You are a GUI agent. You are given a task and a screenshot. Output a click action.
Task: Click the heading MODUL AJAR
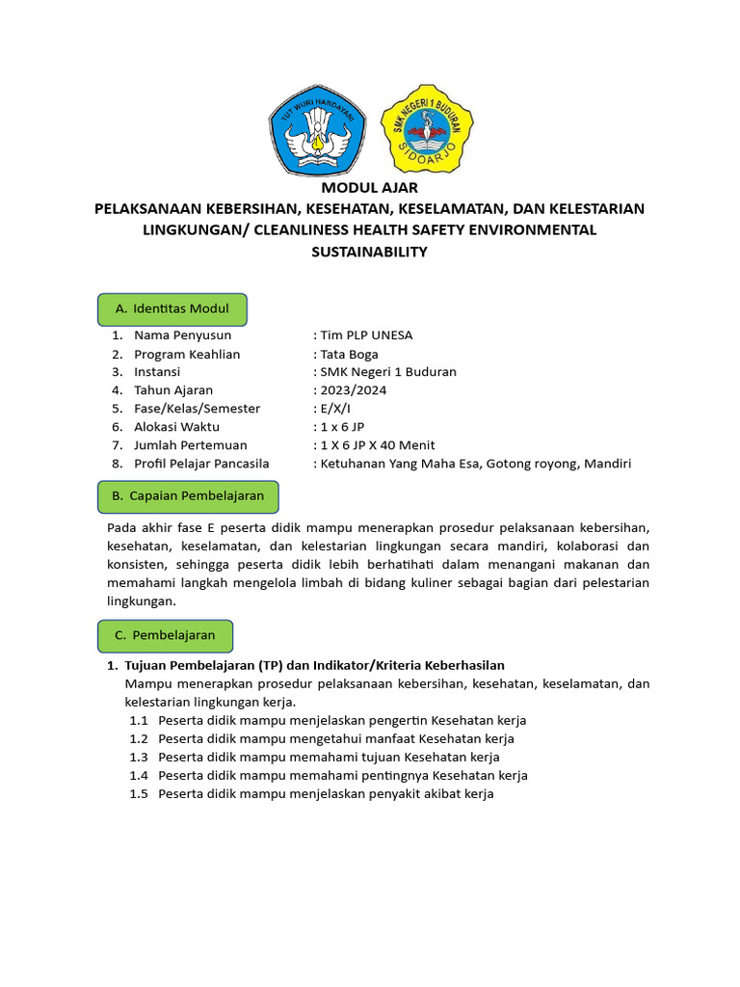tap(370, 188)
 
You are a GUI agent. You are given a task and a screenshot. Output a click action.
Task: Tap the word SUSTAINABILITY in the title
tap(370, 252)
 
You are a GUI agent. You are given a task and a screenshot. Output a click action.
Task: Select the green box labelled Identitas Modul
tap(172, 308)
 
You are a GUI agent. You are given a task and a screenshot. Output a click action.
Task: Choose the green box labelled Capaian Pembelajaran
tap(196, 495)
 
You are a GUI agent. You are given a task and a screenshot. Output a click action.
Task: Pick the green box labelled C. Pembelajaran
tap(165, 635)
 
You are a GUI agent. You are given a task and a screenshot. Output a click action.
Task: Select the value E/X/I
tap(334, 409)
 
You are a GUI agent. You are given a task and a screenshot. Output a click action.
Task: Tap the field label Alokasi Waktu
tap(176, 427)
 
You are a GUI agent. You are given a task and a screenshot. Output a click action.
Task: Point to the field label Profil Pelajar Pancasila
tap(201, 464)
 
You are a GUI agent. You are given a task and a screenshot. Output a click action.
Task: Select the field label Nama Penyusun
tap(182, 335)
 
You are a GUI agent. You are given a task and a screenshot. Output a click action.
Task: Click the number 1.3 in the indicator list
tap(139, 757)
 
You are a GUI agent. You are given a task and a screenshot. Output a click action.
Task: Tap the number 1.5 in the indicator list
tap(139, 793)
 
